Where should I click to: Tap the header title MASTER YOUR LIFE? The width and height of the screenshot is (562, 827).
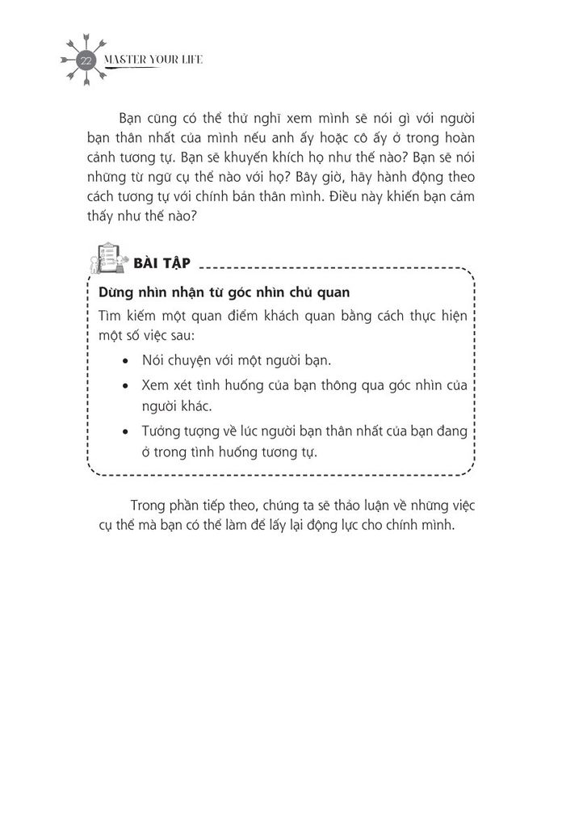click(149, 61)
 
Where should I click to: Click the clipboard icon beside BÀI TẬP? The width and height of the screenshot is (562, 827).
click(106, 262)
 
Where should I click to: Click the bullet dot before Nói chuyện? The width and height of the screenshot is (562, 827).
click(124, 360)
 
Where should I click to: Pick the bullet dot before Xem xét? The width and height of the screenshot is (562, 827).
click(124, 386)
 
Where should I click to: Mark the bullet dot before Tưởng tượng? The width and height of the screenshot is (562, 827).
click(124, 431)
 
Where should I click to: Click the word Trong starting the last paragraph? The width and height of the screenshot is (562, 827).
click(145, 505)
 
